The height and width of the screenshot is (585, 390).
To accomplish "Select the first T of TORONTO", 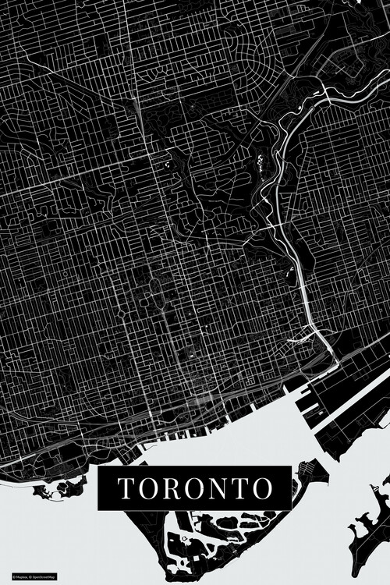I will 126,488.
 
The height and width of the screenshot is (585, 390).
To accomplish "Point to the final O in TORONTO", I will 262,488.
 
